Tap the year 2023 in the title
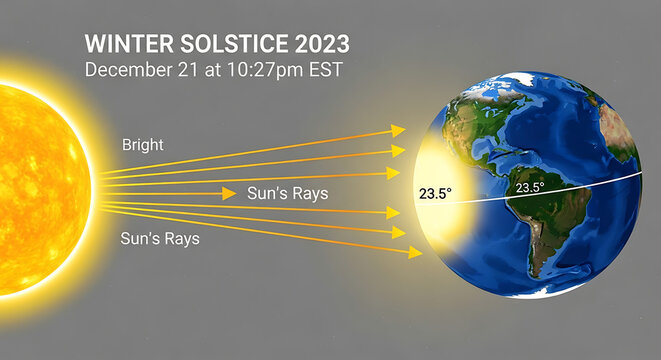(x=319, y=45)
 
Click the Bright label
(x=142, y=145)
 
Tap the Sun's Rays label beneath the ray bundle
(x=160, y=239)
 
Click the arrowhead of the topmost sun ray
(x=398, y=130)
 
